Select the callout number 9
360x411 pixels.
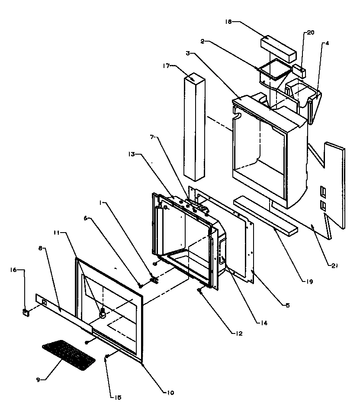point(39,379)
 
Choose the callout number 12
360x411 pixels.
point(239,333)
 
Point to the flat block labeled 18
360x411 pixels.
point(278,48)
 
